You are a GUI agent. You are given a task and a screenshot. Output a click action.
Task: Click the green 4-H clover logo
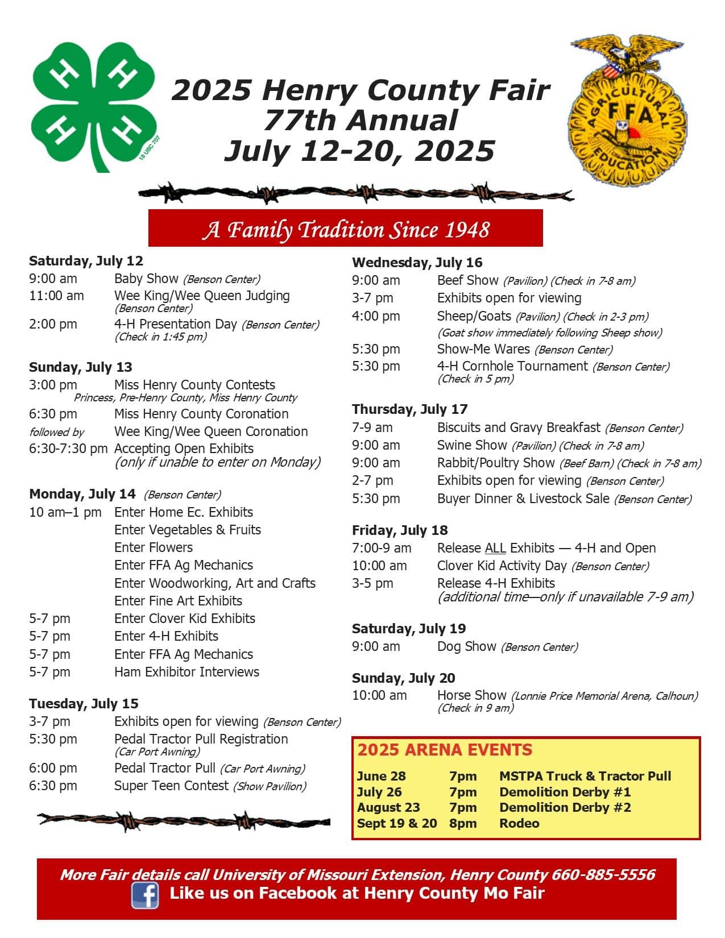tap(94, 105)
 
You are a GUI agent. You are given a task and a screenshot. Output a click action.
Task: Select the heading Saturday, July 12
tap(86, 261)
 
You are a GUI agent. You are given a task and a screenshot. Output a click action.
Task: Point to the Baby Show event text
tap(146, 279)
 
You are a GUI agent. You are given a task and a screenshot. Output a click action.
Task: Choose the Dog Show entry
tap(466, 646)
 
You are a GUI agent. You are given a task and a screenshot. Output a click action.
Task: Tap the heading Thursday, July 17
tap(409, 409)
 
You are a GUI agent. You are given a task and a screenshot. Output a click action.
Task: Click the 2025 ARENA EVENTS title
tap(445, 750)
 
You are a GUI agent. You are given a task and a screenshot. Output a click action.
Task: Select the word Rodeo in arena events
tap(519, 823)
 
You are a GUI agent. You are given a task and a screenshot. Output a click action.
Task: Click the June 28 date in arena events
tap(382, 776)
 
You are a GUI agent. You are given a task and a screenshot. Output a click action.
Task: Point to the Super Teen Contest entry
tap(171, 786)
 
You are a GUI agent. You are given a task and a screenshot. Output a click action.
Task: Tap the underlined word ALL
tap(495, 548)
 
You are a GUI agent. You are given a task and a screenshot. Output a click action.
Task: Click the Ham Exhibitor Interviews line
tap(187, 672)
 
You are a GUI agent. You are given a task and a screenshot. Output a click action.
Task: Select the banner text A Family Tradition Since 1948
tap(346, 229)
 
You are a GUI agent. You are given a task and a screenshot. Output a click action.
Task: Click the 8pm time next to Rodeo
tap(463, 823)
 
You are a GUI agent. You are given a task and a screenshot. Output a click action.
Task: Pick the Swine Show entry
tap(471, 445)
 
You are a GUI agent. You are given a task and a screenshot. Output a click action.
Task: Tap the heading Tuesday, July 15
tap(84, 704)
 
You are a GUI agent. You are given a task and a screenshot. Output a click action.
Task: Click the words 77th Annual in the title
tap(361, 121)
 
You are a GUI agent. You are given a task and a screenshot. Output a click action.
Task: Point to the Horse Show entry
tap(471, 695)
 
